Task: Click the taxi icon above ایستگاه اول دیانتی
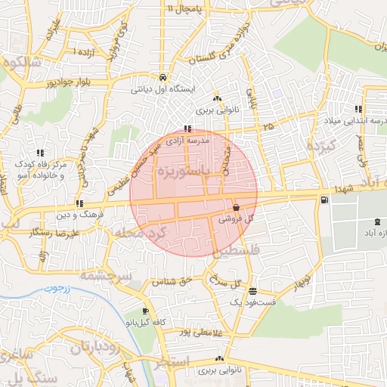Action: click(x=163, y=77)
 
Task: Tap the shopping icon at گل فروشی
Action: click(x=237, y=206)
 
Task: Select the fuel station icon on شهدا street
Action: click(x=324, y=200)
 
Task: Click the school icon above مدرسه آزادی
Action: click(x=187, y=129)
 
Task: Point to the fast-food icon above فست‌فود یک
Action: click(x=252, y=291)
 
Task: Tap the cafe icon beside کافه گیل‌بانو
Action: click(x=145, y=311)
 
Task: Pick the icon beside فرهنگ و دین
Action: click(x=79, y=203)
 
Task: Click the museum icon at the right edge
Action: click(x=377, y=221)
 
